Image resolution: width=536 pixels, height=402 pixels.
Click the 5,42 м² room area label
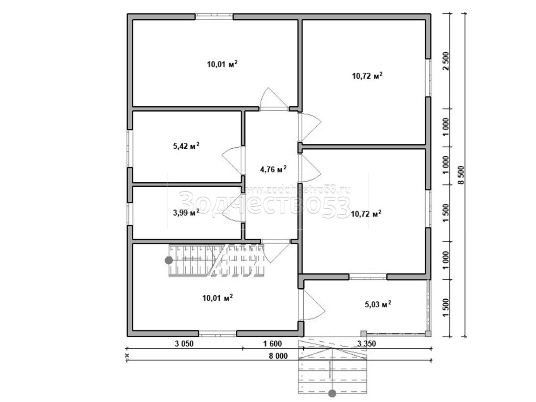[186, 146]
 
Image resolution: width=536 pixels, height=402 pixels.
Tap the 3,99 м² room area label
[186, 212]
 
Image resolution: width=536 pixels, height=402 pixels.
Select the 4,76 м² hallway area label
[273, 169]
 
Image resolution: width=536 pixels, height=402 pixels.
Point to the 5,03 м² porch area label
[378, 304]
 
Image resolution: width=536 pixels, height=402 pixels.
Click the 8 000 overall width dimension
[278, 356]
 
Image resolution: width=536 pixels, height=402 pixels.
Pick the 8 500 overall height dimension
[461, 175]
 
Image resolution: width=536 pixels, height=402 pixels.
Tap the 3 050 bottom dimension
[184, 343]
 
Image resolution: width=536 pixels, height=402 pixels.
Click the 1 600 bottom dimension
[272, 343]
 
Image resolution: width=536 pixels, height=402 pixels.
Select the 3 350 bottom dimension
[367, 343]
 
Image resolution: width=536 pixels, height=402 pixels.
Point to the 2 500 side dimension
[446, 61]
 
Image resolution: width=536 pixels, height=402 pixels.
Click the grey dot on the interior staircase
[169, 260]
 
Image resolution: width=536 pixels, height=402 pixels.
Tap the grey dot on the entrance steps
[332, 394]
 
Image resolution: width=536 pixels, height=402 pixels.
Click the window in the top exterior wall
[214, 17]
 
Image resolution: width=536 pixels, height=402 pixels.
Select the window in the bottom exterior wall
[218, 333]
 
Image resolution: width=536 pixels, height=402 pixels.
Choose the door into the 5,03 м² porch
[312, 305]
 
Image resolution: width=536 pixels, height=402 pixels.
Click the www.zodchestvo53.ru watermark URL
[297, 190]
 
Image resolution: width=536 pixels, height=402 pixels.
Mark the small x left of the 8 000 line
[127, 356]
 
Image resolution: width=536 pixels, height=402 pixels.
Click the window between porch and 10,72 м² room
[368, 277]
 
